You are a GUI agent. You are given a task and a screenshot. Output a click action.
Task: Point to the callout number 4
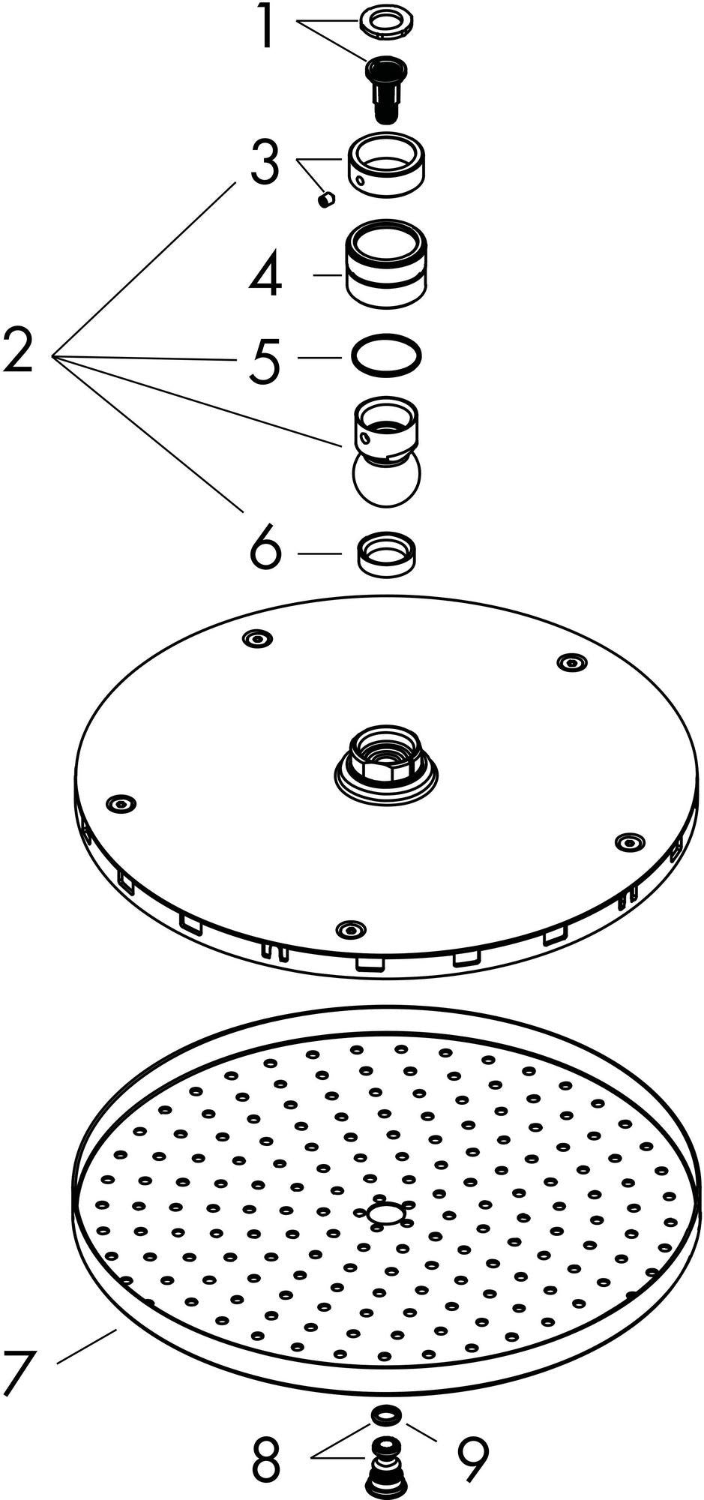[x=265, y=275]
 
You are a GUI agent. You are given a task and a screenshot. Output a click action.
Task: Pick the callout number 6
[x=266, y=553]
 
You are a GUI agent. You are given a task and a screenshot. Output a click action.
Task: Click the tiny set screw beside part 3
[x=325, y=199]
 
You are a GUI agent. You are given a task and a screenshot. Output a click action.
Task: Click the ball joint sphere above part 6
[x=386, y=480]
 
